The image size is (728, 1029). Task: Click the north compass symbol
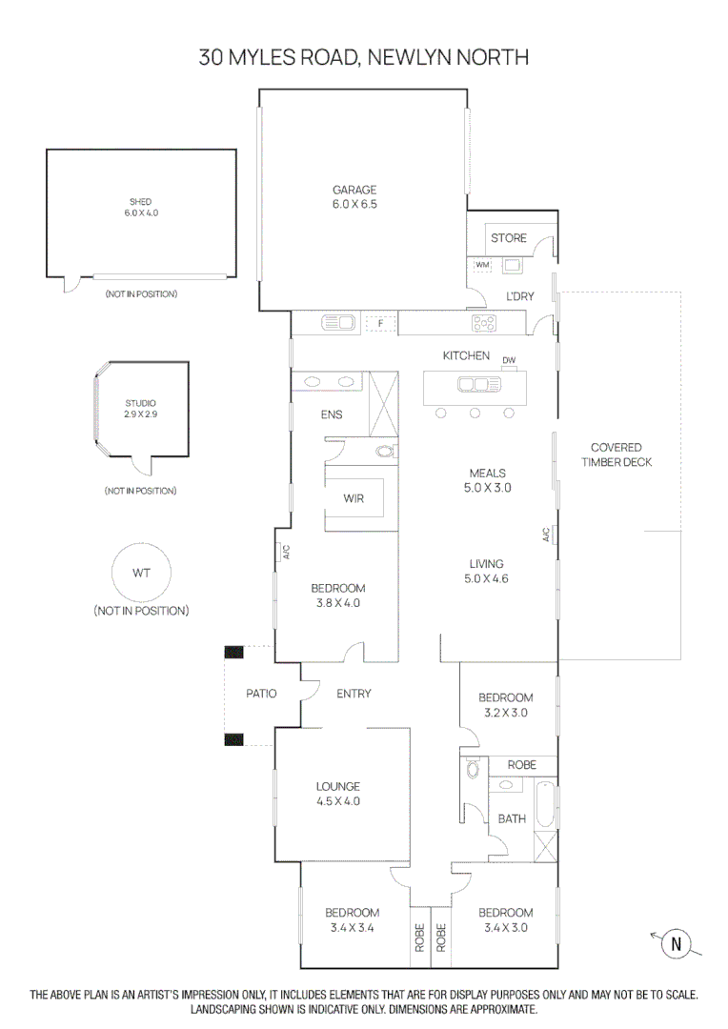point(677,944)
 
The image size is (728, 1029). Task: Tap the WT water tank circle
point(140,575)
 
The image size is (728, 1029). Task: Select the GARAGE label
point(354,190)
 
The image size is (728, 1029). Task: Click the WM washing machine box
point(482,264)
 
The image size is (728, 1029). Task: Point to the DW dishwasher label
point(509,360)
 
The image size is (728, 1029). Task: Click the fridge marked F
point(380,324)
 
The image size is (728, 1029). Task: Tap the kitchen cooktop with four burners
point(484,324)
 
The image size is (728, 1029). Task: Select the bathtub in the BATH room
point(545,804)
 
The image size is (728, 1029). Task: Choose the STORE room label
point(508,238)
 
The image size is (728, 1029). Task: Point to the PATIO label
point(261,694)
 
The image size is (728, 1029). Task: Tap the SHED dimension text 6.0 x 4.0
point(141,213)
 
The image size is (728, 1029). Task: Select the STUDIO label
point(140,403)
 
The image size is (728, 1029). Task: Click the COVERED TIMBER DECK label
point(616,454)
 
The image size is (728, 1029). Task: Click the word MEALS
point(488,473)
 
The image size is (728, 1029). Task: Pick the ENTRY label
point(354,694)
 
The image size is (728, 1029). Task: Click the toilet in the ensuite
point(386,451)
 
